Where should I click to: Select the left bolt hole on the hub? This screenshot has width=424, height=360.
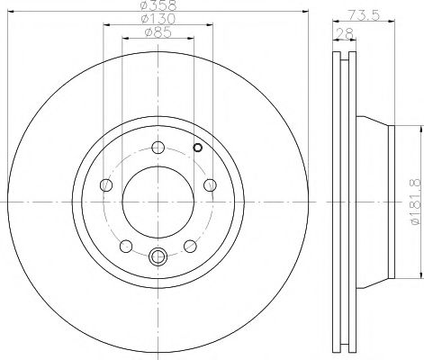(x=105, y=185)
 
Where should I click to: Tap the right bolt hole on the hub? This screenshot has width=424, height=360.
(x=209, y=185)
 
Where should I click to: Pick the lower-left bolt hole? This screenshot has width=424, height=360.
(x=125, y=246)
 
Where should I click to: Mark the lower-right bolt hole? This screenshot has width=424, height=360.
(x=190, y=246)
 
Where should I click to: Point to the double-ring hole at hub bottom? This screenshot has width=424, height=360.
(x=158, y=256)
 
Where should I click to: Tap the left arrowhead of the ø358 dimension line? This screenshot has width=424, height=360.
(x=9, y=17)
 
